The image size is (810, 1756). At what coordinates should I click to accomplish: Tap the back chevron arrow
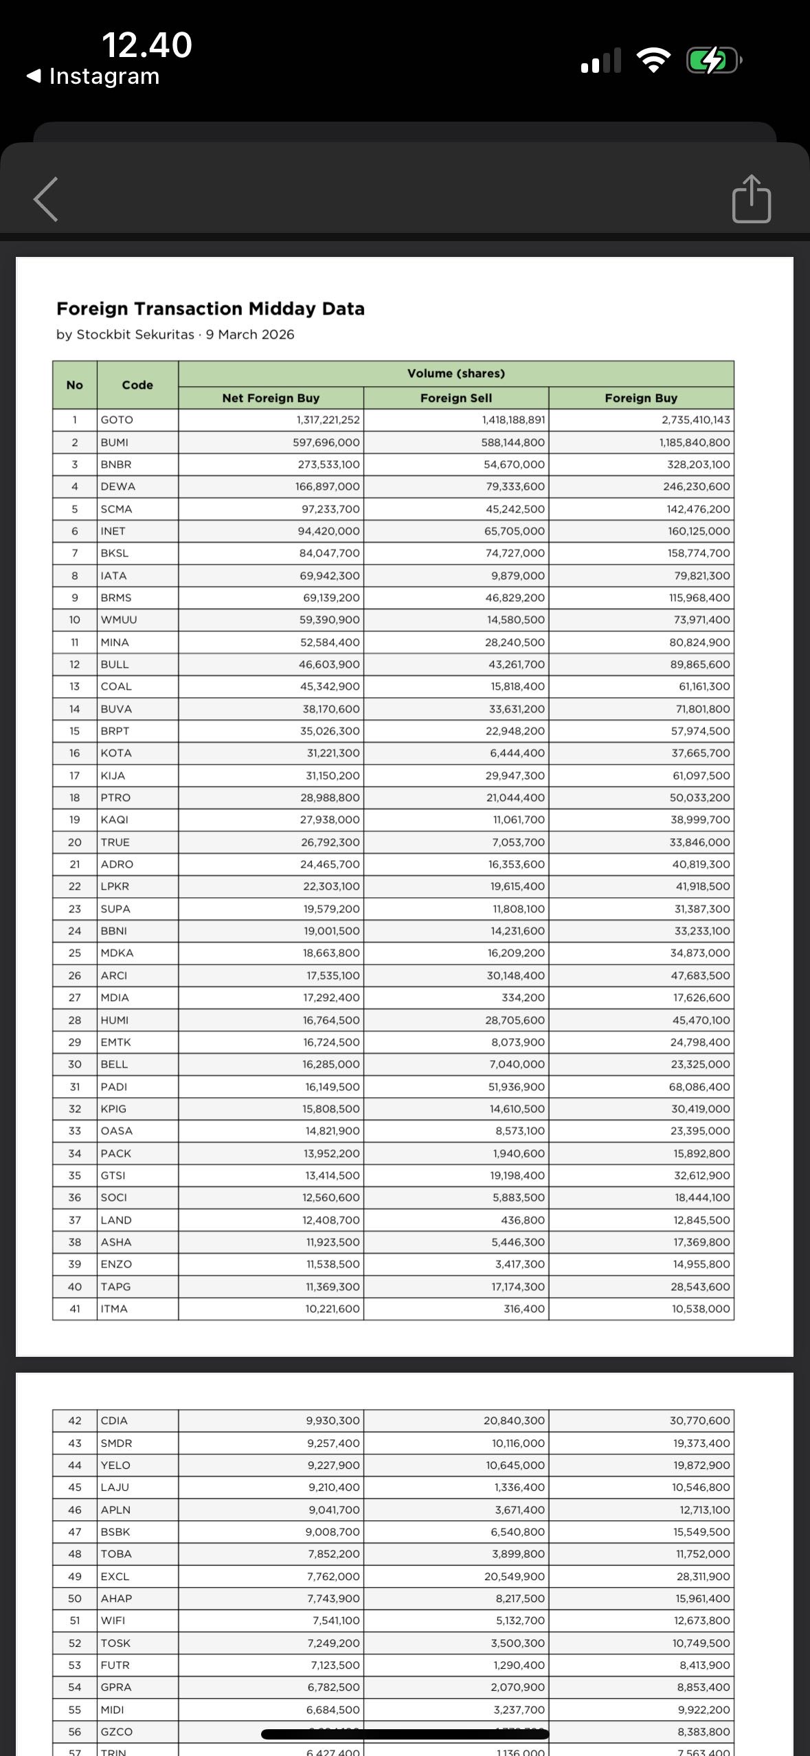point(46,199)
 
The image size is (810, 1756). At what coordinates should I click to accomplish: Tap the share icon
point(751,199)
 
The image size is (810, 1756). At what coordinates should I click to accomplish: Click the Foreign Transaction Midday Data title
point(210,308)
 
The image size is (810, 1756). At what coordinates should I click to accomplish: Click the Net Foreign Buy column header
point(271,398)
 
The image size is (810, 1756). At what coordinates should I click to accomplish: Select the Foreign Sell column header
point(455,398)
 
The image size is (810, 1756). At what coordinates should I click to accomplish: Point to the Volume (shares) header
point(455,373)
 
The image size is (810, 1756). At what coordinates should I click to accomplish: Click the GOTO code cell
point(117,420)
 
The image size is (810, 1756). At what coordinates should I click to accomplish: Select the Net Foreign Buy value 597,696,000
point(326,442)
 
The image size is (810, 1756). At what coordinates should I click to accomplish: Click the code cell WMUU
point(120,620)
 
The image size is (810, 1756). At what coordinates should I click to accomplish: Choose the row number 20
point(74,842)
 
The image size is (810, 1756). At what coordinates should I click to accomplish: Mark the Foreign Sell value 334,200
point(523,998)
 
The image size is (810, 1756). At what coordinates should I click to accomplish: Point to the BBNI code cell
point(114,931)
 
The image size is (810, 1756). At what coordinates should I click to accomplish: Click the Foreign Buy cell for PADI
point(699,1087)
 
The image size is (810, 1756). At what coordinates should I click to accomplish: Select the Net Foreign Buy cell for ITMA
point(333,1309)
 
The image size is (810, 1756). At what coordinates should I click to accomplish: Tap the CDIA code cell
point(114,1421)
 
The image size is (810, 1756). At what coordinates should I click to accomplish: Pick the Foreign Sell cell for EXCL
point(514,1577)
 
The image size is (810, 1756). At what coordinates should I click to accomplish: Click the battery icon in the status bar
point(713,61)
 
